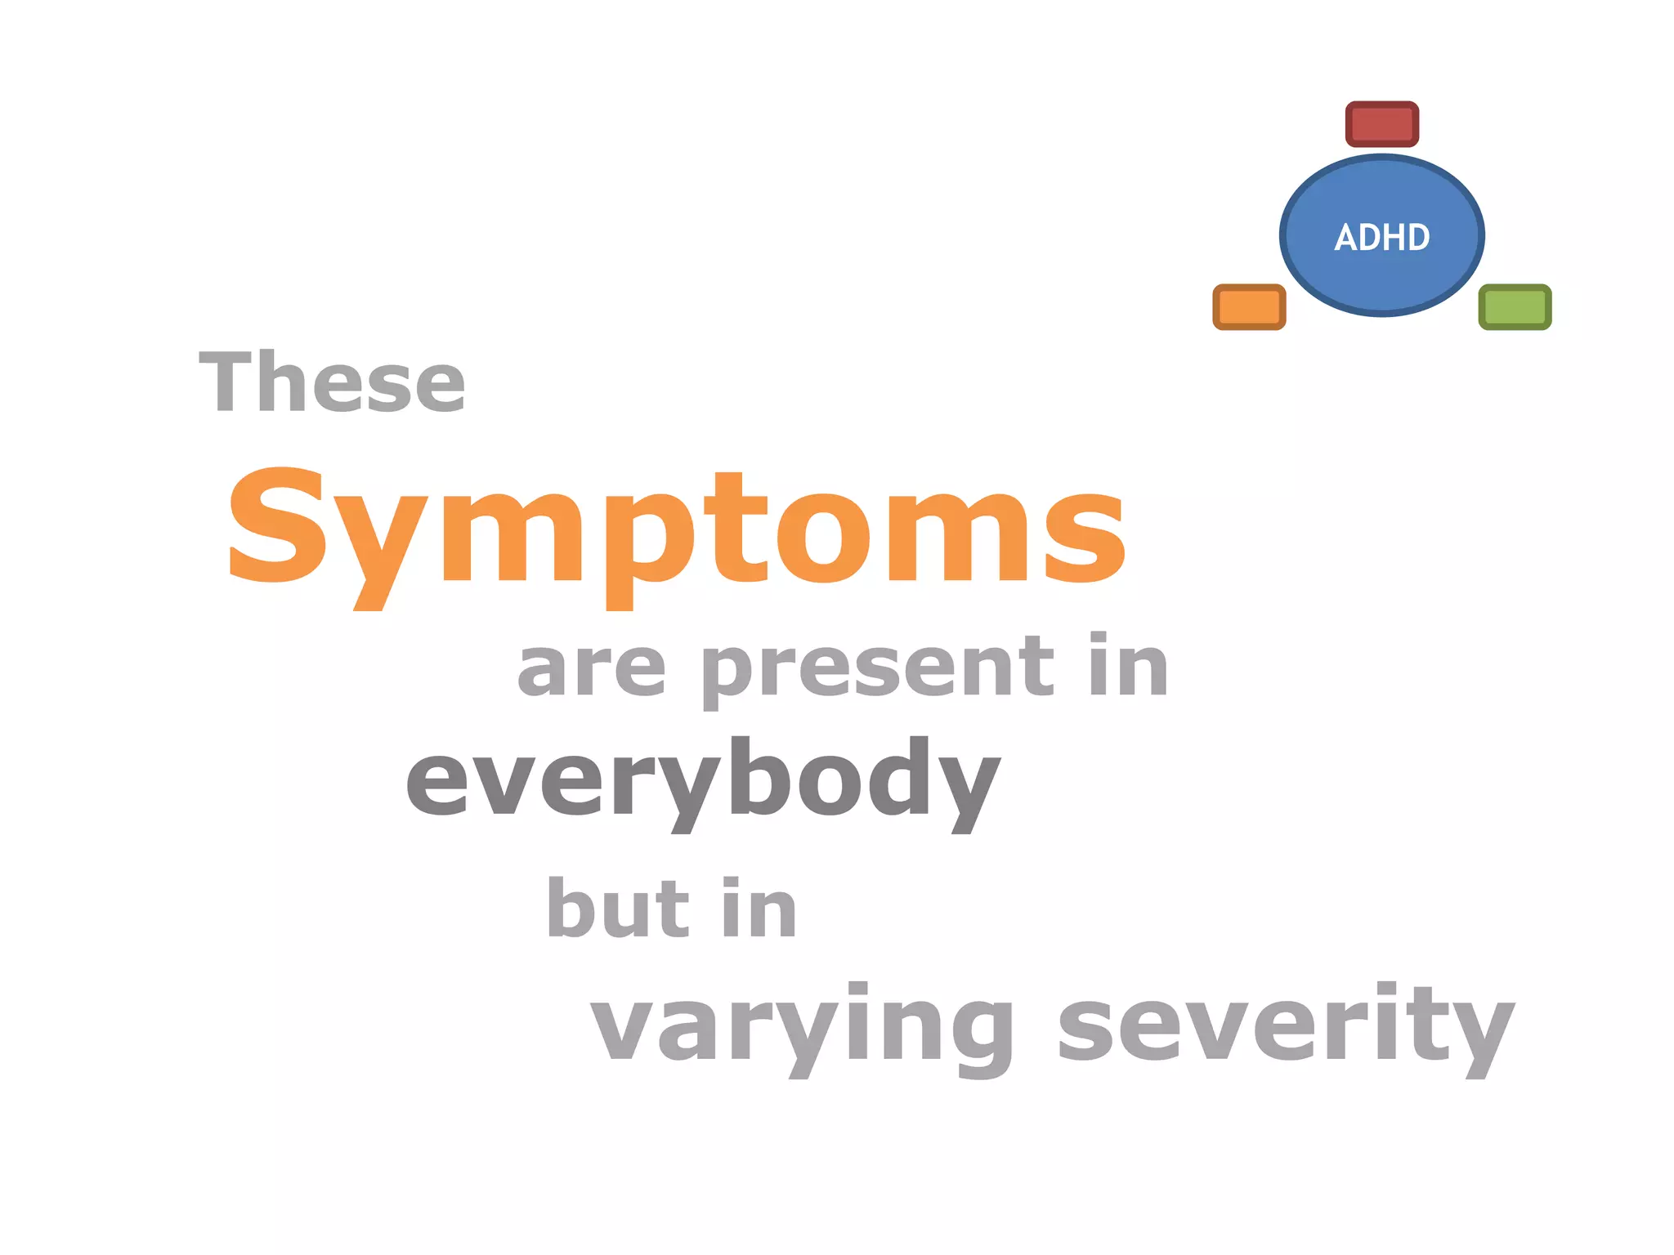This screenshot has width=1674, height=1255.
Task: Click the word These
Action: (332, 382)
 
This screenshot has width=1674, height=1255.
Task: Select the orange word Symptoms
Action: (677, 531)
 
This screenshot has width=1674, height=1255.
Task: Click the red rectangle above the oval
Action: (1381, 124)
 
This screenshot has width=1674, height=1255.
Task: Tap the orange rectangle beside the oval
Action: (1249, 307)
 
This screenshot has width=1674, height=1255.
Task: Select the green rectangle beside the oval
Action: (1515, 307)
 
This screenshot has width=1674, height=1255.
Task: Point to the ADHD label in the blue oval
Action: (1382, 237)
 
